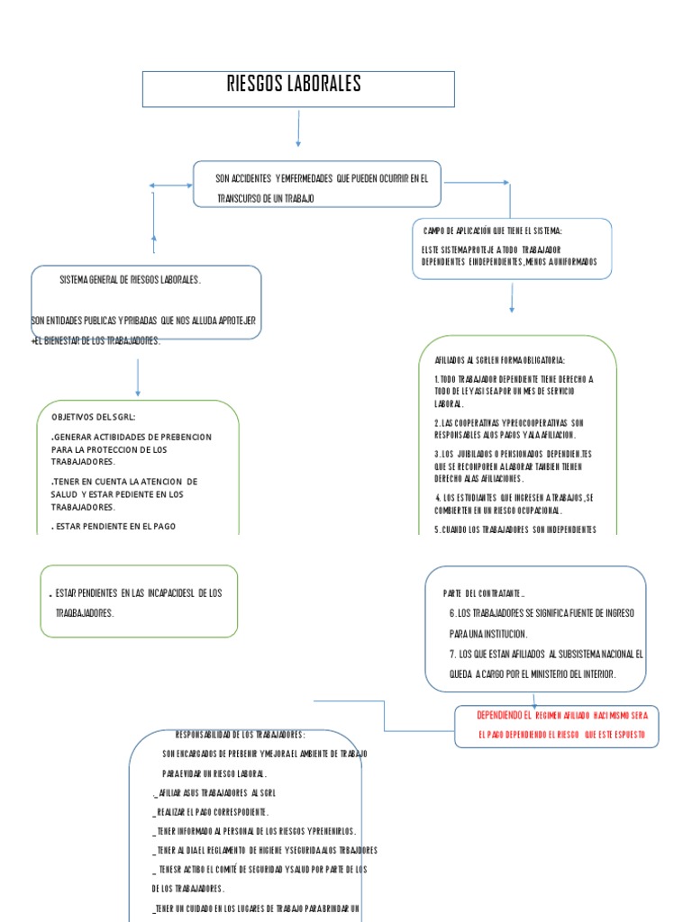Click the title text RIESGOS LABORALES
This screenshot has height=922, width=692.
point(294,86)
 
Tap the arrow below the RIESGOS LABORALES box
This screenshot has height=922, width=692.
point(297,130)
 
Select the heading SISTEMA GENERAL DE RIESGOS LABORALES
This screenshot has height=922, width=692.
point(131,280)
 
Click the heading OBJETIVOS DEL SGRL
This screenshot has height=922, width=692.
point(94,417)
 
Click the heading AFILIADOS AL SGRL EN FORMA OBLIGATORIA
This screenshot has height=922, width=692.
point(498,359)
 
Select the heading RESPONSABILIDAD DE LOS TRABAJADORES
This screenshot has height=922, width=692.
point(240,734)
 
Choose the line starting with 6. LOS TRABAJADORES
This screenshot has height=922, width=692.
point(541,613)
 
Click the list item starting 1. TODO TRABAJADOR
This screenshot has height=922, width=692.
point(514,379)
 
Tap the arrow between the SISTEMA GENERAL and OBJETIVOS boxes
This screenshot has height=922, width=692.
point(138,377)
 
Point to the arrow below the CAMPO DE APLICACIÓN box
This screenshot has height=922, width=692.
point(512,298)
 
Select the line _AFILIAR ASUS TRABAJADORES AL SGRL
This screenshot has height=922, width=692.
point(214,792)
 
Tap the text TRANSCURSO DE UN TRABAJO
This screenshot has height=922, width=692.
point(265,197)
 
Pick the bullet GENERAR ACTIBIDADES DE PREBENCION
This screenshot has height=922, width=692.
point(132,437)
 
